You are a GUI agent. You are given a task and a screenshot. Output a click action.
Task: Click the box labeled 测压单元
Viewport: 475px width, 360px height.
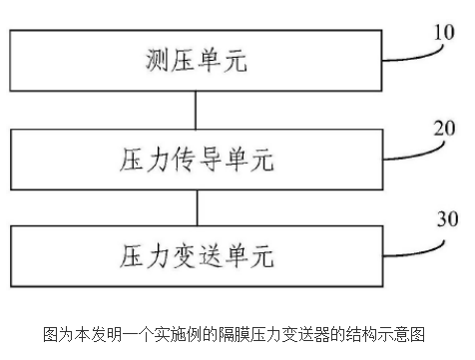(195, 63)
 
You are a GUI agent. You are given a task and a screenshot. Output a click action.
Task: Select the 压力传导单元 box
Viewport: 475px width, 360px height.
(195, 158)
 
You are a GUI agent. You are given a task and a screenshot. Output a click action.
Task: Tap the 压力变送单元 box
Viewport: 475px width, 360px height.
(195, 252)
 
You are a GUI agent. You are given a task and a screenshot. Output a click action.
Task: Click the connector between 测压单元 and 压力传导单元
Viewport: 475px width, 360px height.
(197, 112)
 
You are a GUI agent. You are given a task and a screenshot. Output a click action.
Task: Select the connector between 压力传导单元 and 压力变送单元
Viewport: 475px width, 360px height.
(197, 206)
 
